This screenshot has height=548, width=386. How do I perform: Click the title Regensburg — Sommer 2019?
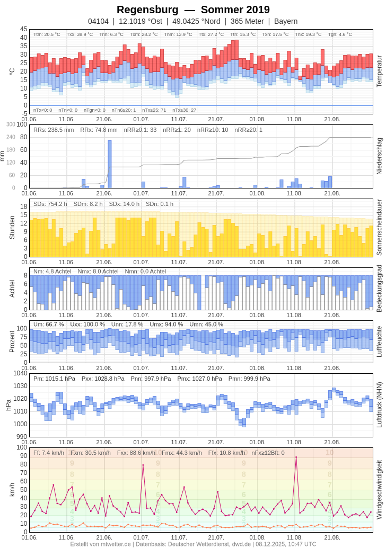[x=193, y=10]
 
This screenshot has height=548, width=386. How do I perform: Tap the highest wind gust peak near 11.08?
[x=296, y=457]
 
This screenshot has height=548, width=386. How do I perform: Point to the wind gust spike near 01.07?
[x=143, y=465]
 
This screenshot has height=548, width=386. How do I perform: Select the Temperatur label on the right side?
[x=379, y=71]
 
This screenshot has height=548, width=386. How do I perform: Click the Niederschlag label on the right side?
[x=379, y=156]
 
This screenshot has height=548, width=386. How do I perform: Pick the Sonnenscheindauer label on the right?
[x=379, y=227]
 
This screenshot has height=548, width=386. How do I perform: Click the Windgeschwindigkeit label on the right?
[x=379, y=489]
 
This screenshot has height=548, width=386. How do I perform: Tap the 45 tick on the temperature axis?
[x=24, y=29]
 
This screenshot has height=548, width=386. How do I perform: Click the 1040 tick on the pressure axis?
[x=20, y=373]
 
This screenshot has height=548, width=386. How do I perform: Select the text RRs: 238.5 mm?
[x=54, y=130]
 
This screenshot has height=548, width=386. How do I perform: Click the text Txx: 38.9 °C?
[x=80, y=34]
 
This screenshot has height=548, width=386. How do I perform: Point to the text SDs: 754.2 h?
[x=50, y=204]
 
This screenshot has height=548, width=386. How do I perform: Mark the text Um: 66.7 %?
[x=48, y=324]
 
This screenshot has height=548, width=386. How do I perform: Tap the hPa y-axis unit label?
[x=8, y=405]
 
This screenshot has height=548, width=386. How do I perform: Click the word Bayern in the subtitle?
[x=286, y=21]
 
